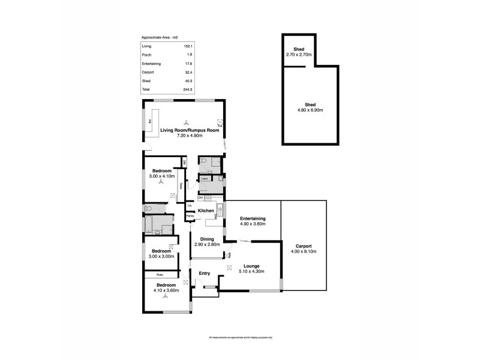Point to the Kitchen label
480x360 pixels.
point(206,211)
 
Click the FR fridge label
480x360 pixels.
point(190,205)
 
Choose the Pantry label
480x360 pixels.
point(190,215)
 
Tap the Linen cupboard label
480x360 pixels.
point(204,178)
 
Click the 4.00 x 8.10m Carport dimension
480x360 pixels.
point(304,251)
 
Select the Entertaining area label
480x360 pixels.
point(252,218)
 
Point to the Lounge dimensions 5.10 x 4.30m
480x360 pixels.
point(251,271)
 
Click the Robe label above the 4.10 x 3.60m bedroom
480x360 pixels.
point(154,274)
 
